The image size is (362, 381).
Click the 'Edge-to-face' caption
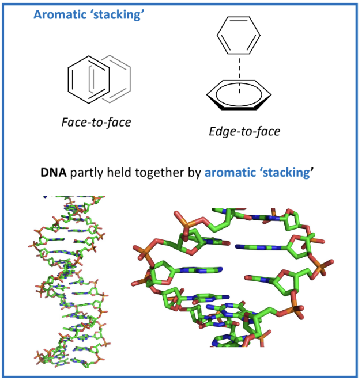click(244, 132)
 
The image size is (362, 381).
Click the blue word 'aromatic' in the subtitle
click(227, 172)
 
